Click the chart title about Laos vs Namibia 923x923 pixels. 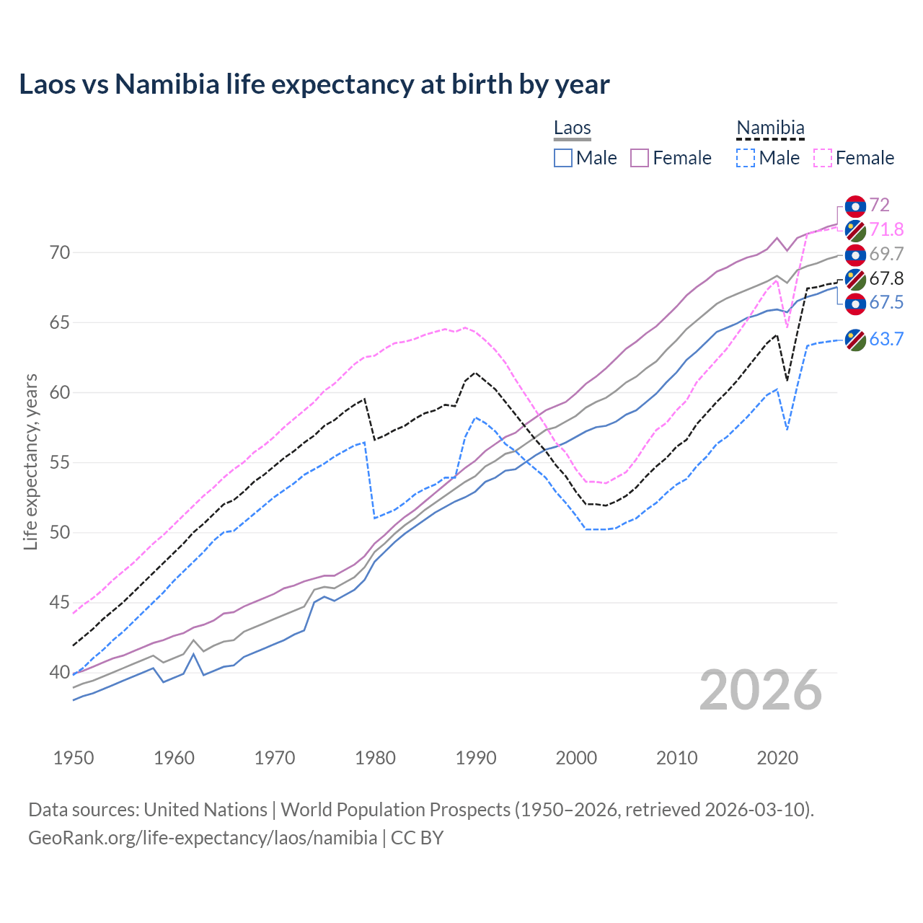click(314, 84)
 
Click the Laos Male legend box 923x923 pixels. click(563, 158)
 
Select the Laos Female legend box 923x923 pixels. click(640, 158)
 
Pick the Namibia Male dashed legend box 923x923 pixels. click(746, 158)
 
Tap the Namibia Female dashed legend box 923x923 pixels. click(822, 158)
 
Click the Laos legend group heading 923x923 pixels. click(573, 128)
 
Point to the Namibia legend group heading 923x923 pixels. click(770, 128)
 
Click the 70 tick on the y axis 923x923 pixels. click(60, 252)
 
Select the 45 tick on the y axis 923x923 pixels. click(60, 603)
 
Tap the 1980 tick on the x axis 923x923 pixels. click(376, 758)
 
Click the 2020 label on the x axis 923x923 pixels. click(778, 758)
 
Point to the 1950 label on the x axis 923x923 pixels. click(74, 758)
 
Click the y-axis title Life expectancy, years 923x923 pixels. click(30, 461)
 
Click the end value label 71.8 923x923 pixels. click(886, 229)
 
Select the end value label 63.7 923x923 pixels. click(886, 339)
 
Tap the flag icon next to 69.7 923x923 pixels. click(855, 255)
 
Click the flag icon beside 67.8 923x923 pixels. click(855, 279)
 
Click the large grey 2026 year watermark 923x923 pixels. click(761, 690)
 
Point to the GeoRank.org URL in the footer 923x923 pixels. click(203, 838)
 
